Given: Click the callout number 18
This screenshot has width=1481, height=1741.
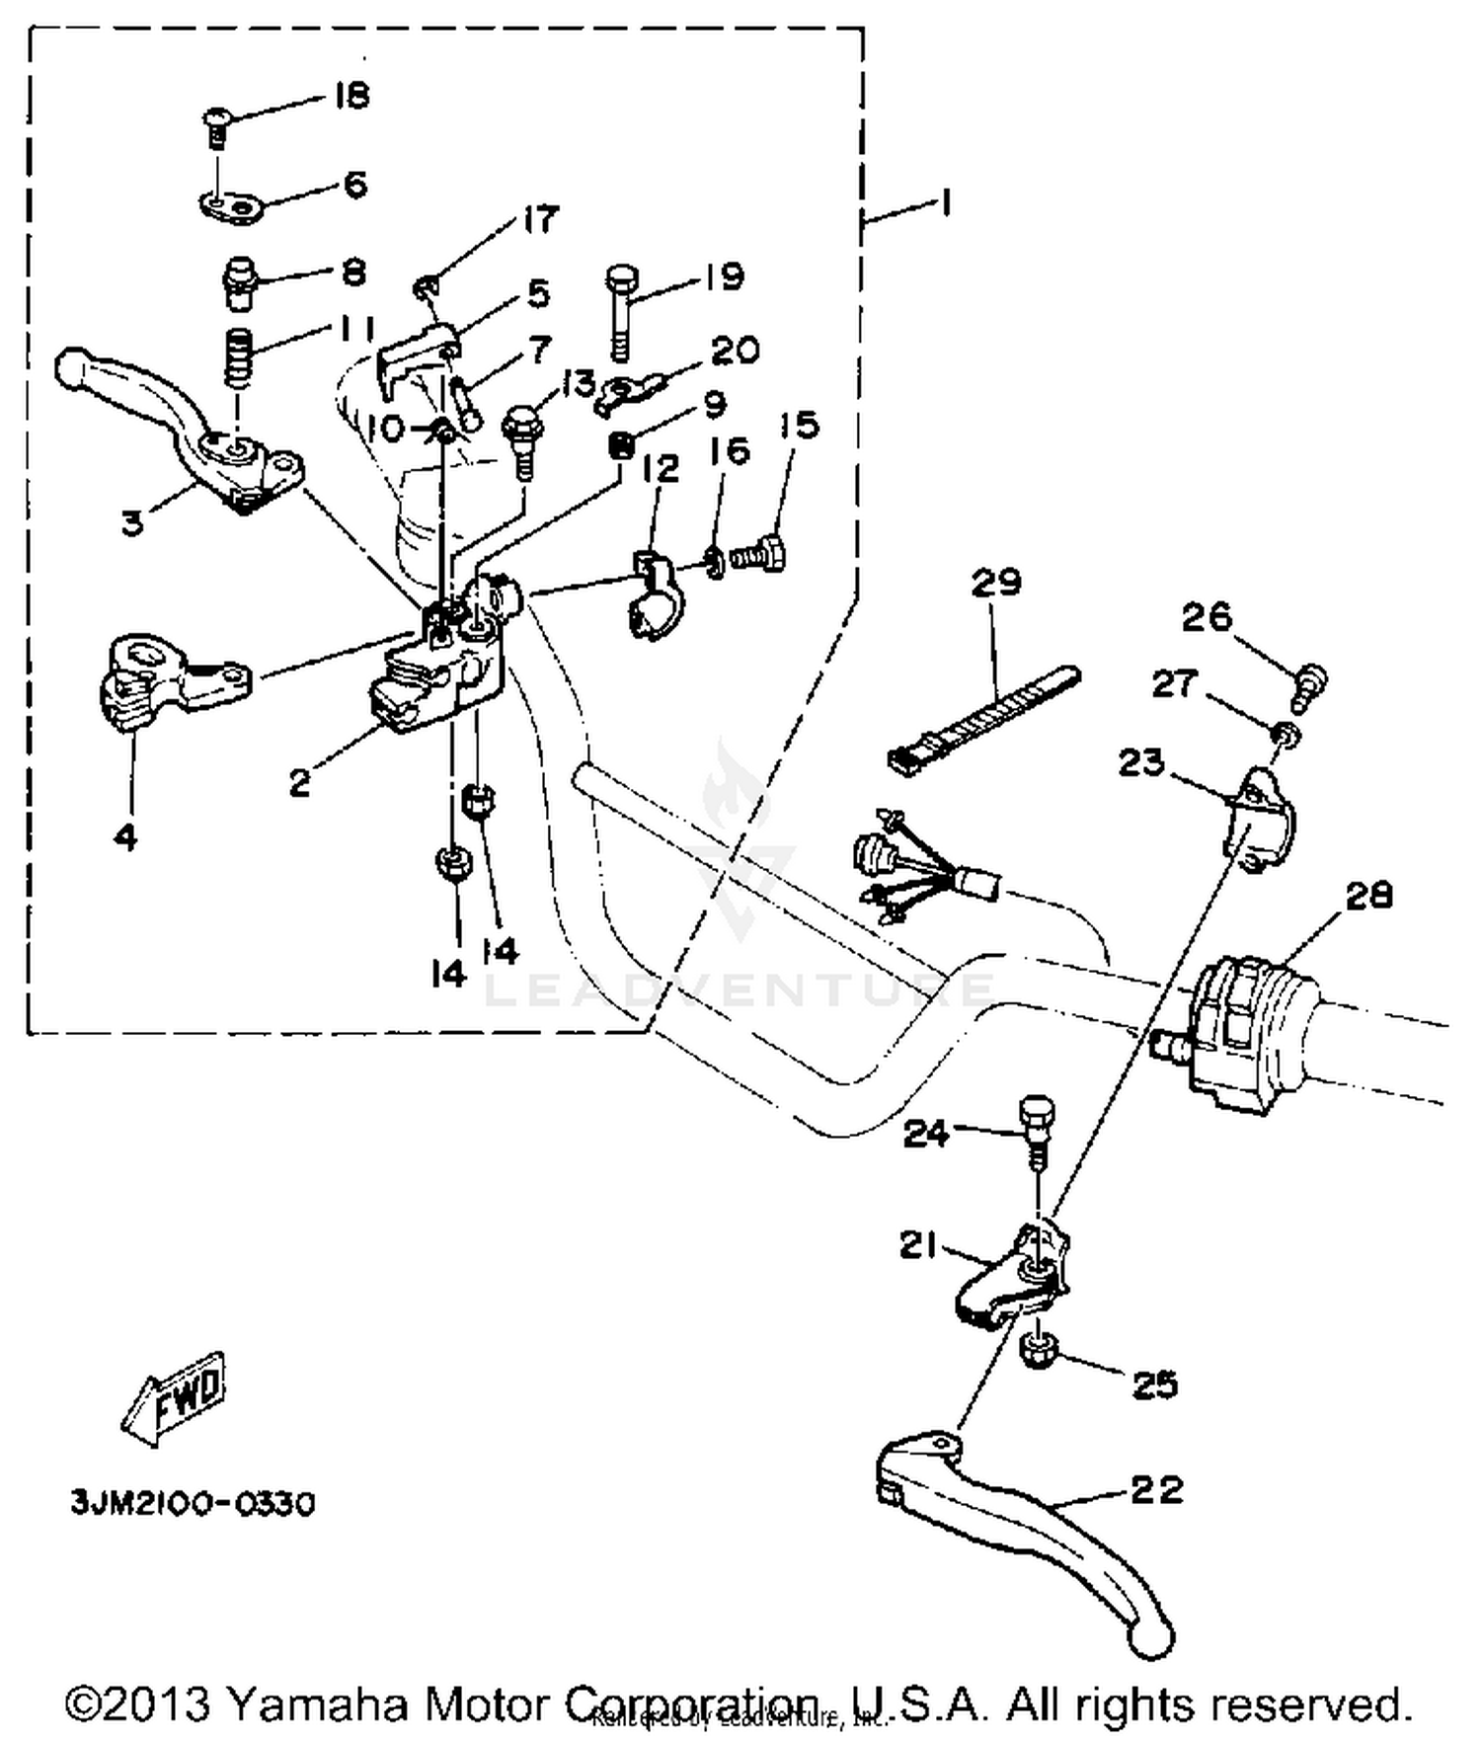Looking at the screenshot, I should [351, 96].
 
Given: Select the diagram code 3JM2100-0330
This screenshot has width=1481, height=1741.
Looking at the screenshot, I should [193, 1504].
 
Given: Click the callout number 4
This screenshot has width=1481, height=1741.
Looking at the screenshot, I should [125, 837].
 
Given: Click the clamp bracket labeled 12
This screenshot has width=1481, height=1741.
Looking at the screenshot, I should [648, 597].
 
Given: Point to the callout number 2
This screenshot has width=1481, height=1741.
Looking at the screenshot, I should [300, 783].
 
